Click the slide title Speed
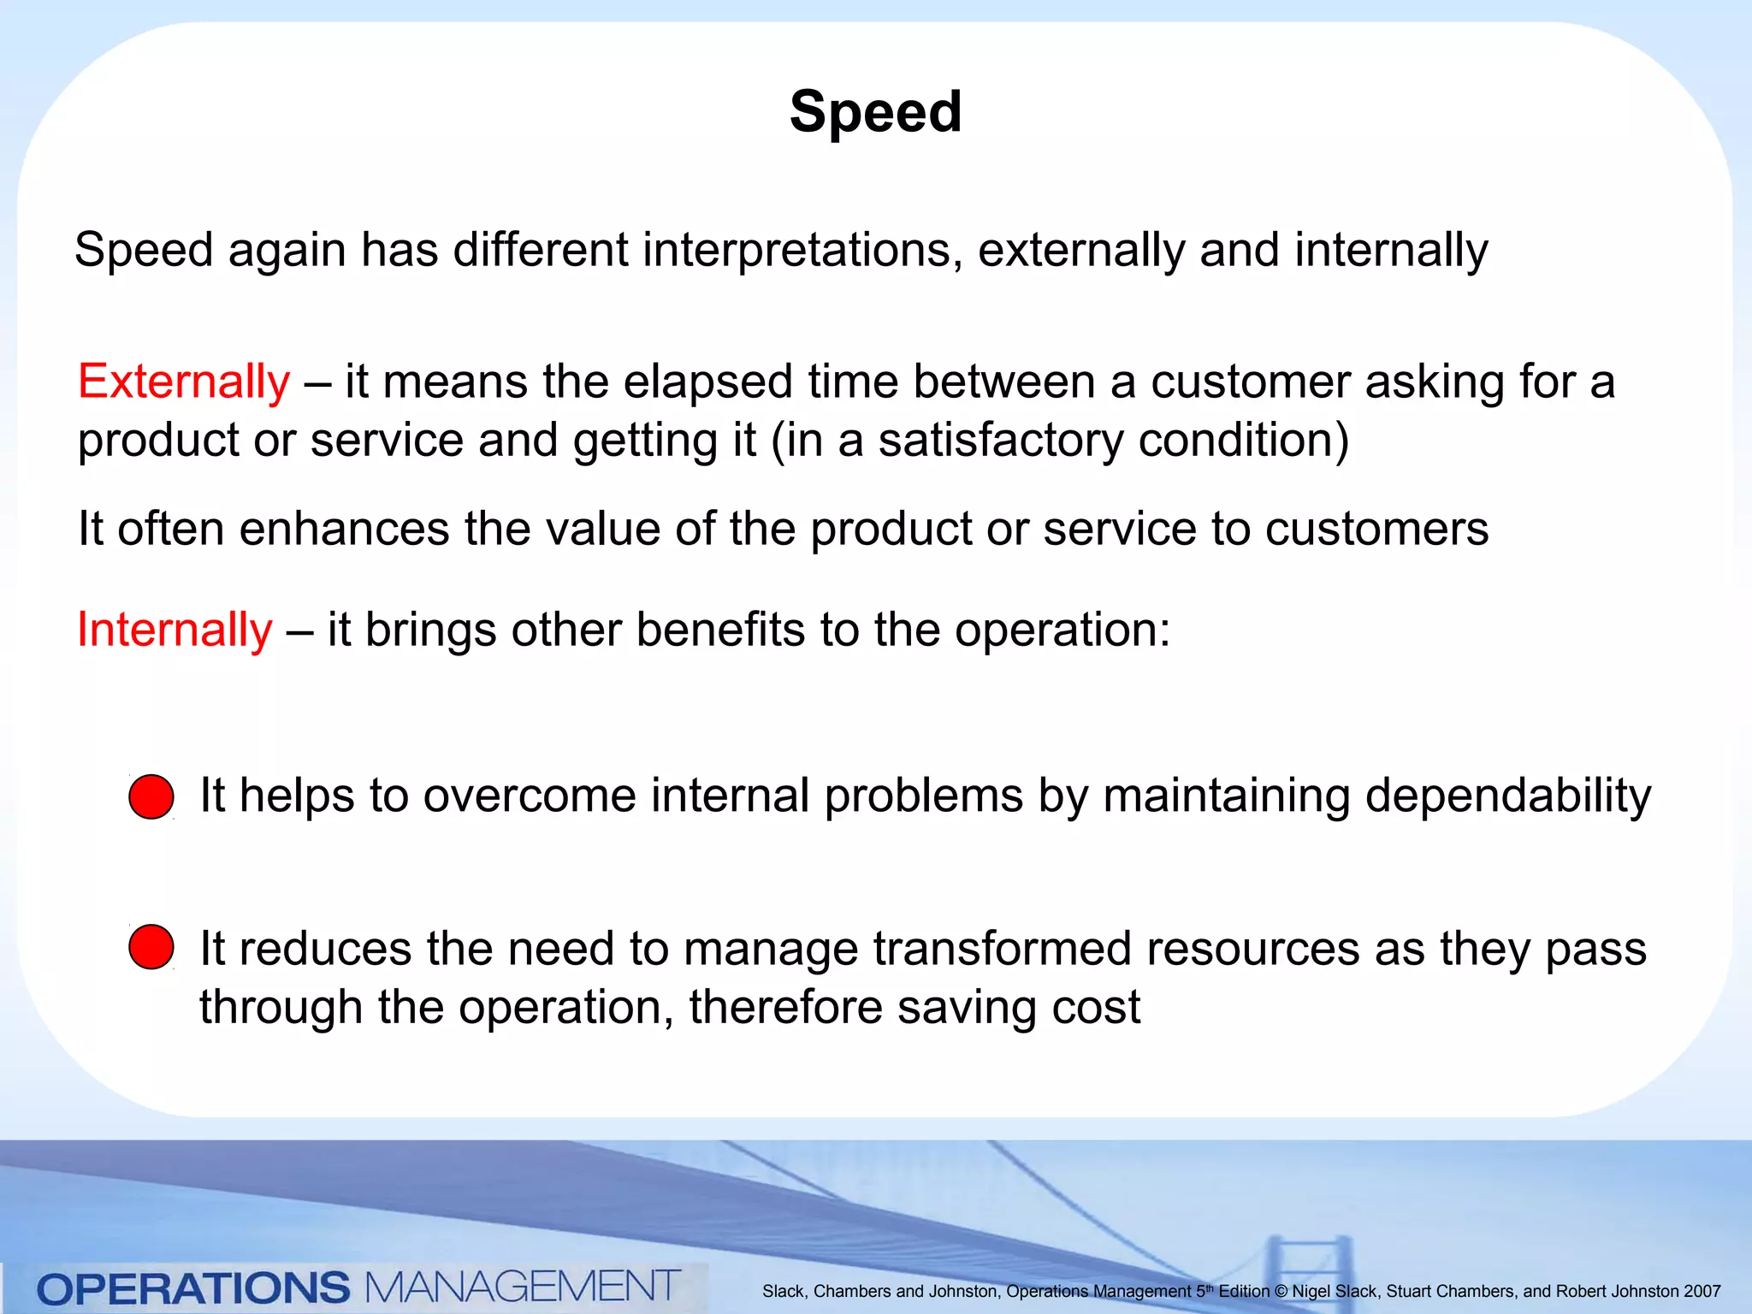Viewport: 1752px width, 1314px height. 875,112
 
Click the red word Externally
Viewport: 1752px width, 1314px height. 184,382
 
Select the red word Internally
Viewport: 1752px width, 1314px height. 175,630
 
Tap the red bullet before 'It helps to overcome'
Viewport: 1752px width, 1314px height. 151,796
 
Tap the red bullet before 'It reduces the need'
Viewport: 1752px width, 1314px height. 151,947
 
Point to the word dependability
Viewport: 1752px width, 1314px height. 1507,796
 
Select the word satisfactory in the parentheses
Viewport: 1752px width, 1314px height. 1000,441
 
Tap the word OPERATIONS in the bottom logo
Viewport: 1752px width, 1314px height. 193,1288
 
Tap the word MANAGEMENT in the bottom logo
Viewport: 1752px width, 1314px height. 523,1287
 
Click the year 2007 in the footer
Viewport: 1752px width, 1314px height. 1702,1292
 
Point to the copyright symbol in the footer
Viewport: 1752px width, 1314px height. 1281,1292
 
